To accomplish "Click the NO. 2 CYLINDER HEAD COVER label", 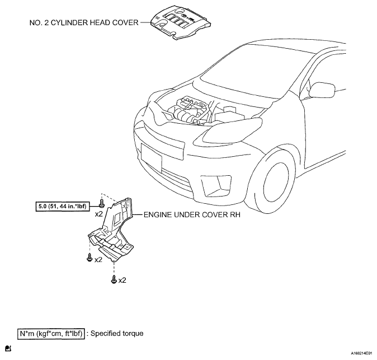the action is [x=84, y=22].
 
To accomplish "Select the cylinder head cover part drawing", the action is [x=181, y=22].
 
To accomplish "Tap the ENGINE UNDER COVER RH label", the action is [x=192, y=214].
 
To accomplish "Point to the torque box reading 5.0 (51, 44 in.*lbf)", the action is [x=62, y=207].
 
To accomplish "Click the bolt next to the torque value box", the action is [x=102, y=203].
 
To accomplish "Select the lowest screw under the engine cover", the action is [x=114, y=279].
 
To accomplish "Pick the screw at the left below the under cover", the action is [x=89, y=258].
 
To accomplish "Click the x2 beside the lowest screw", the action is [x=122, y=280].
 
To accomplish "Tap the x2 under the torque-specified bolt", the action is [x=98, y=214].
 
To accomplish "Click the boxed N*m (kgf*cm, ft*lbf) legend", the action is [x=51, y=334].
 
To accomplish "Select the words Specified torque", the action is [x=117, y=334].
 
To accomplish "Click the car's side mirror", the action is [x=321, y=90].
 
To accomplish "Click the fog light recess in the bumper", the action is [x=216, y=185].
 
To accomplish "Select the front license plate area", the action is [x=152, y=155].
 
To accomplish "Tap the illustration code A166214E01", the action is [x=363, y=353].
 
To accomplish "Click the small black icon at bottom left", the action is [x=8, y=348].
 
